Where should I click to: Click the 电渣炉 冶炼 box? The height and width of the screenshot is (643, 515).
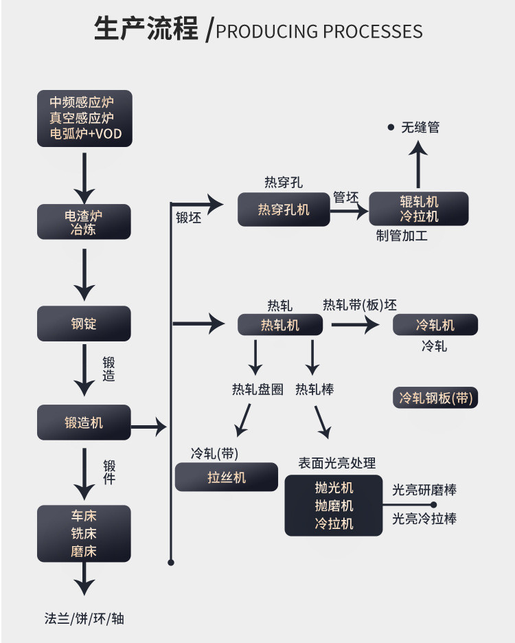pos(84,223)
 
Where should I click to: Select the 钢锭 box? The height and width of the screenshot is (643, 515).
pos(84,323)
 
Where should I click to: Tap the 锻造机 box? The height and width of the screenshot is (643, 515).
pos(84,422)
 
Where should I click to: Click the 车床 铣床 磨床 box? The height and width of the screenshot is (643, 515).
pos(84,533)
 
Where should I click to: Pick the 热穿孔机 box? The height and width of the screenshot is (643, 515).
pos(284,210)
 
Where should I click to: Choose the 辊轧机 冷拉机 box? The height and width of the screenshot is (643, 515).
pos(419,209)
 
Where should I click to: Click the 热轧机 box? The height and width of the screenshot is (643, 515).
pos(280,325)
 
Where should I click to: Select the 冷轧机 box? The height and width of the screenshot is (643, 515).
pos(435,325)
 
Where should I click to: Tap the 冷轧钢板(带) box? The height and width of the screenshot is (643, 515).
pos(436,398)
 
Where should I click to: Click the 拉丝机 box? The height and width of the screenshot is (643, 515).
pos(227,477)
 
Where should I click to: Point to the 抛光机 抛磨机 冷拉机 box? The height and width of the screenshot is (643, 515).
pos(334,505)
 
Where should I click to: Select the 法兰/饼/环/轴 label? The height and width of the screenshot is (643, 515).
pos(84,618)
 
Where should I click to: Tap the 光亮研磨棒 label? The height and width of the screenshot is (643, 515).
pos(424,490)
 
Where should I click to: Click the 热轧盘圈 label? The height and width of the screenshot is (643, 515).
pos(257,390)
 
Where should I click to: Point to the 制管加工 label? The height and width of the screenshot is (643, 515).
pos(402,236)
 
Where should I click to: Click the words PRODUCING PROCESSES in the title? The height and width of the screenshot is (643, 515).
pos(319,32)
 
